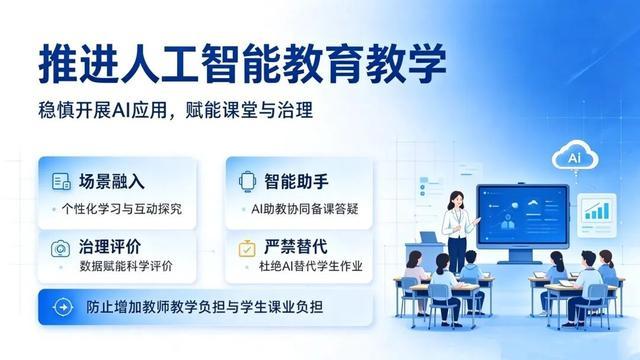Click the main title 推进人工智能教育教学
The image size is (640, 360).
click(242, 64)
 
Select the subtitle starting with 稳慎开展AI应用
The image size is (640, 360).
click(176, 110)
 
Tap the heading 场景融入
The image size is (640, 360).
click(111, 181)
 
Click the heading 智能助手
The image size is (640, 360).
click(296, 181)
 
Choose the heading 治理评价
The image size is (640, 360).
click(110, 247)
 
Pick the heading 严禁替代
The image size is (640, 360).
click(296, 247)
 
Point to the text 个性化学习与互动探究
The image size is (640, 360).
click(122, 209)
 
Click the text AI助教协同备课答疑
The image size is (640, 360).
click(304, 209)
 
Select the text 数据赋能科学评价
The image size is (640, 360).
click(126, 266)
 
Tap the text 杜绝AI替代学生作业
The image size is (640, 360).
click(311, 266)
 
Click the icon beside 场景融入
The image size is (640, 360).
click(61, 182)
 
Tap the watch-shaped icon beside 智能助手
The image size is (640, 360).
click(247, 181)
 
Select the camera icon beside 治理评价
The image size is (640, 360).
click(60, 248)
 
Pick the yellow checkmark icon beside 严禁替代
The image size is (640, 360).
click(247, 248)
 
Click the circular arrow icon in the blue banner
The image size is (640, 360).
click(63, 307)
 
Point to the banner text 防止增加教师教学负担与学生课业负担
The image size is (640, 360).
click(204, 307)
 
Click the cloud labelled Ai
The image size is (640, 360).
click(575, 155)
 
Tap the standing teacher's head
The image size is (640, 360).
click(456, 200)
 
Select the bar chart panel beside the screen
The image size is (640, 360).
click(597, 215)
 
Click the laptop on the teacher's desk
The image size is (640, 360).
click(429, 238)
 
